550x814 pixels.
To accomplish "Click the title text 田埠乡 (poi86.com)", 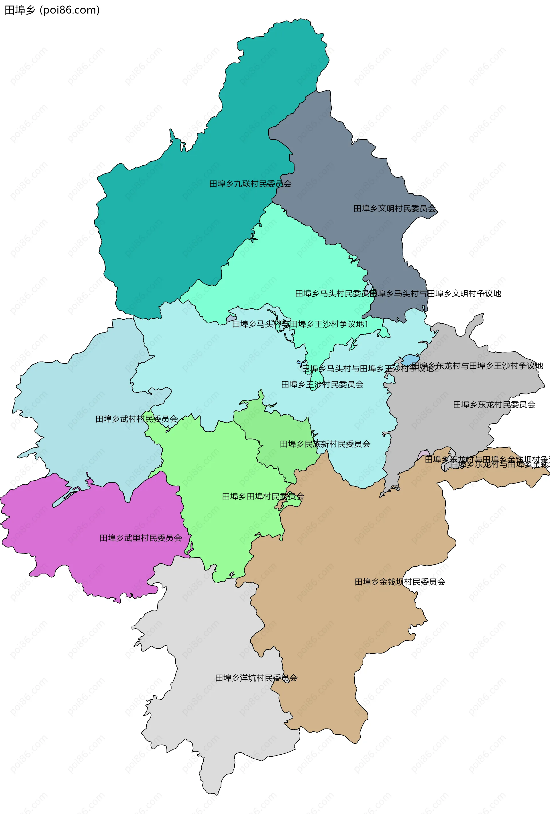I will (52, 10).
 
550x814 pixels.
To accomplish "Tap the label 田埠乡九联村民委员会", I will (250, 184).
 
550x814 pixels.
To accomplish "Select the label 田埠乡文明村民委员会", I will (394, 209).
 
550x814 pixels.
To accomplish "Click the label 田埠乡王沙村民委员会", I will (322, 385).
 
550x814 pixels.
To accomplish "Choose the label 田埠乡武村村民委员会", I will (137, 419).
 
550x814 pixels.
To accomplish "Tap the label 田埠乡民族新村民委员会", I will (325, 444).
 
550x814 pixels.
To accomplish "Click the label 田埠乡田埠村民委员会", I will (263, 496).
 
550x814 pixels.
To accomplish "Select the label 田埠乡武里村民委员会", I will (141, 538).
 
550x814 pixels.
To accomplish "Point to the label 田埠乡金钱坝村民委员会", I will (400, 582).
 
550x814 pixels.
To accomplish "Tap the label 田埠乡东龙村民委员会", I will (494, 404).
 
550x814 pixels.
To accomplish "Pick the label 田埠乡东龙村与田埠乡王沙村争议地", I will (477, 366).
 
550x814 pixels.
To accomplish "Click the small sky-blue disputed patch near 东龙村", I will (410, 360).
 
